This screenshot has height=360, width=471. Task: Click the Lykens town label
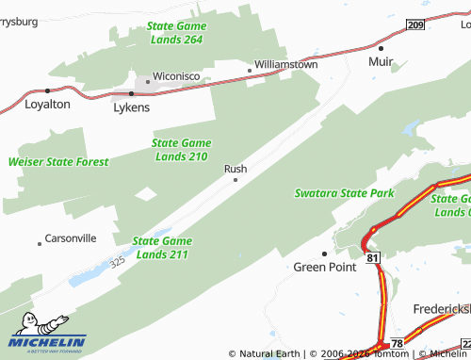point(131,108)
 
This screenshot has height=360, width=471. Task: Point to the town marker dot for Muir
point(381,47)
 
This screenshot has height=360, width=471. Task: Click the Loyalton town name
point(47,105)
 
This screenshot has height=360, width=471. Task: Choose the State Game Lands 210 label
point(180,150)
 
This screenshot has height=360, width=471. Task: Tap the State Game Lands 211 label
point(162,248)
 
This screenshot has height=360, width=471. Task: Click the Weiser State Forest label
point(58,162)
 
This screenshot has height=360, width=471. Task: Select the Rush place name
point(235,169)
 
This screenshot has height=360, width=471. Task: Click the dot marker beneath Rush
point(235,180)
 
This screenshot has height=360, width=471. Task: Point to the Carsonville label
point(72,238)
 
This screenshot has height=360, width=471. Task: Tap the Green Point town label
point(325,266)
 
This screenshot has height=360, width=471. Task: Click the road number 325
point(117,261)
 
